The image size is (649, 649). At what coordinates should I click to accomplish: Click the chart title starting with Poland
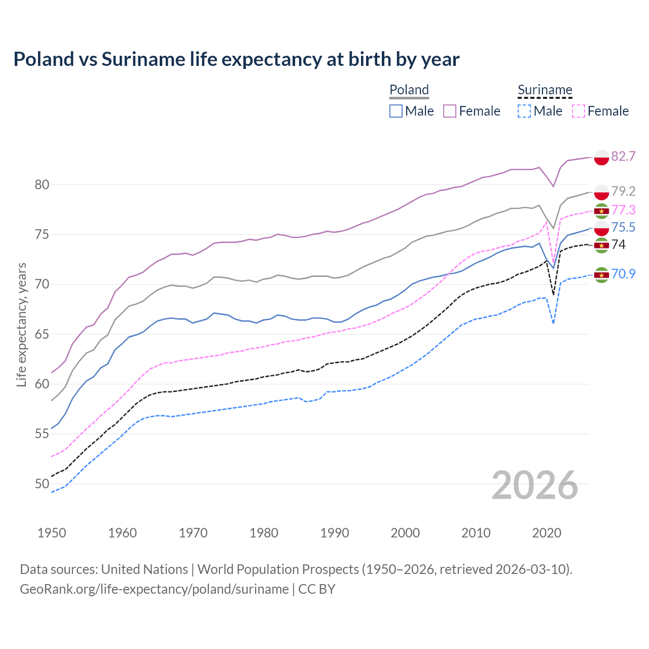click(236, 59)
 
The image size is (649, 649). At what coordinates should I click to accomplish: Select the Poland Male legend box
click(396, 111)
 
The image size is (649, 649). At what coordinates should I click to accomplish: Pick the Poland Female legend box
click(450, 111)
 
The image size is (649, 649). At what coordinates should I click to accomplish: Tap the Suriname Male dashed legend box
click(524, 111)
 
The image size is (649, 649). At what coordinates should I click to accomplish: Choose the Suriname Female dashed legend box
click(579, 111)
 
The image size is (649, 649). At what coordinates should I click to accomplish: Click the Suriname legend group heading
click(545, 90)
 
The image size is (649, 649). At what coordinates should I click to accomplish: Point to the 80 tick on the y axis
click(42, 185)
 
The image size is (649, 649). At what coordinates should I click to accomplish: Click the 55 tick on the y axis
click(42, 434)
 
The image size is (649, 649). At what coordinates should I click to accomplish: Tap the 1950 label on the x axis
click(52, 533)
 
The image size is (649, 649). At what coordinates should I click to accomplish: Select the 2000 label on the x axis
click(405, 533)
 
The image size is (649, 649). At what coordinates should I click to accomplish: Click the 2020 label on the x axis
click(547, 533)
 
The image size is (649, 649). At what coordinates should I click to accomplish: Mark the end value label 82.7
click(623, 157)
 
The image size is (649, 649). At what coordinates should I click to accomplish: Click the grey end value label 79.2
click(623, 191)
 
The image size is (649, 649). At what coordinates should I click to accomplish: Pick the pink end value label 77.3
click(623, 210)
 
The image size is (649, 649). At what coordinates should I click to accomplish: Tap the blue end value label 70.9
click(623, 274)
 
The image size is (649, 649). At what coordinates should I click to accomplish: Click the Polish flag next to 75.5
click(601, 228)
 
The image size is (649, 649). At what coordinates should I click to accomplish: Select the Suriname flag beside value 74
click(601, 245)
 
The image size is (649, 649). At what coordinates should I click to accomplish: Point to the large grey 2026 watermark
click(535, 486)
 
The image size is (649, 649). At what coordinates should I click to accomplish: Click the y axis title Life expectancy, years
click(21, 324)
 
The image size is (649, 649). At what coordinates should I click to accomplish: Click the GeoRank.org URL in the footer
click(154, 589)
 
